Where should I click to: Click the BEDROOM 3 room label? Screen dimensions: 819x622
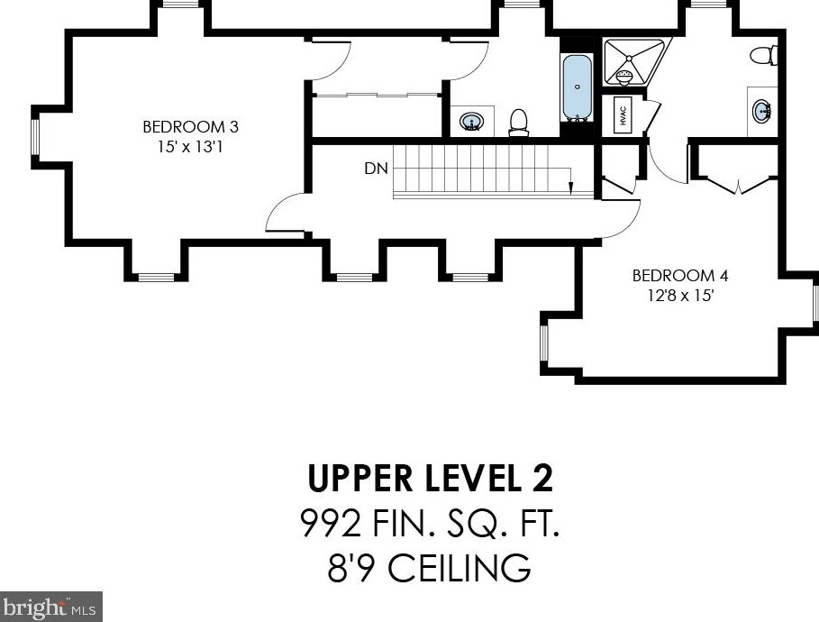(x=191, y=126)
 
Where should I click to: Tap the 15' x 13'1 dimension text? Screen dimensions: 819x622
(x=191, y=147)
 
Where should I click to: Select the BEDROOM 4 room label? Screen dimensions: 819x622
(x=680, y=276)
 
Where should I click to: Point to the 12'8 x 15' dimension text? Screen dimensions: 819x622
(x=680, y=296)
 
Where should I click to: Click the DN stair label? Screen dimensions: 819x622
(x=376, y=169)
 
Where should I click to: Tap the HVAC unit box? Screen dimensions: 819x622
(x=623, y=114)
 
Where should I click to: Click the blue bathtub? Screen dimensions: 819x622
(x=578, y=87)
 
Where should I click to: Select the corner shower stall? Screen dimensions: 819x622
(x=634, y=61)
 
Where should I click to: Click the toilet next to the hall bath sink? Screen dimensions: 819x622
(x=519, y=123)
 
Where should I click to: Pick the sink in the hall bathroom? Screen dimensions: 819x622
(x=471, y=122)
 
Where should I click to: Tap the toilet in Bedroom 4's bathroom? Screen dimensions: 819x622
(x=764, y=55)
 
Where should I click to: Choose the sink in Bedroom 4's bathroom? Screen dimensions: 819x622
(x=762, y=112)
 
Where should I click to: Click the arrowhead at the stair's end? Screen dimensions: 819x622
(x=571, y=188)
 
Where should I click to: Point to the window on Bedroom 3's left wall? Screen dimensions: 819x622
(x=35, y=137)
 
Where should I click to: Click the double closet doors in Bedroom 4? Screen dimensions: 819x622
(x=738, y=186)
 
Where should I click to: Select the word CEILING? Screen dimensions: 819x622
(x=460, y=568)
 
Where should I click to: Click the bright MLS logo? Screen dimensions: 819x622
(x=51, y=607)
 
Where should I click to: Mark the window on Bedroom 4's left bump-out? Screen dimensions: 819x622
(x=544, y=343)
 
